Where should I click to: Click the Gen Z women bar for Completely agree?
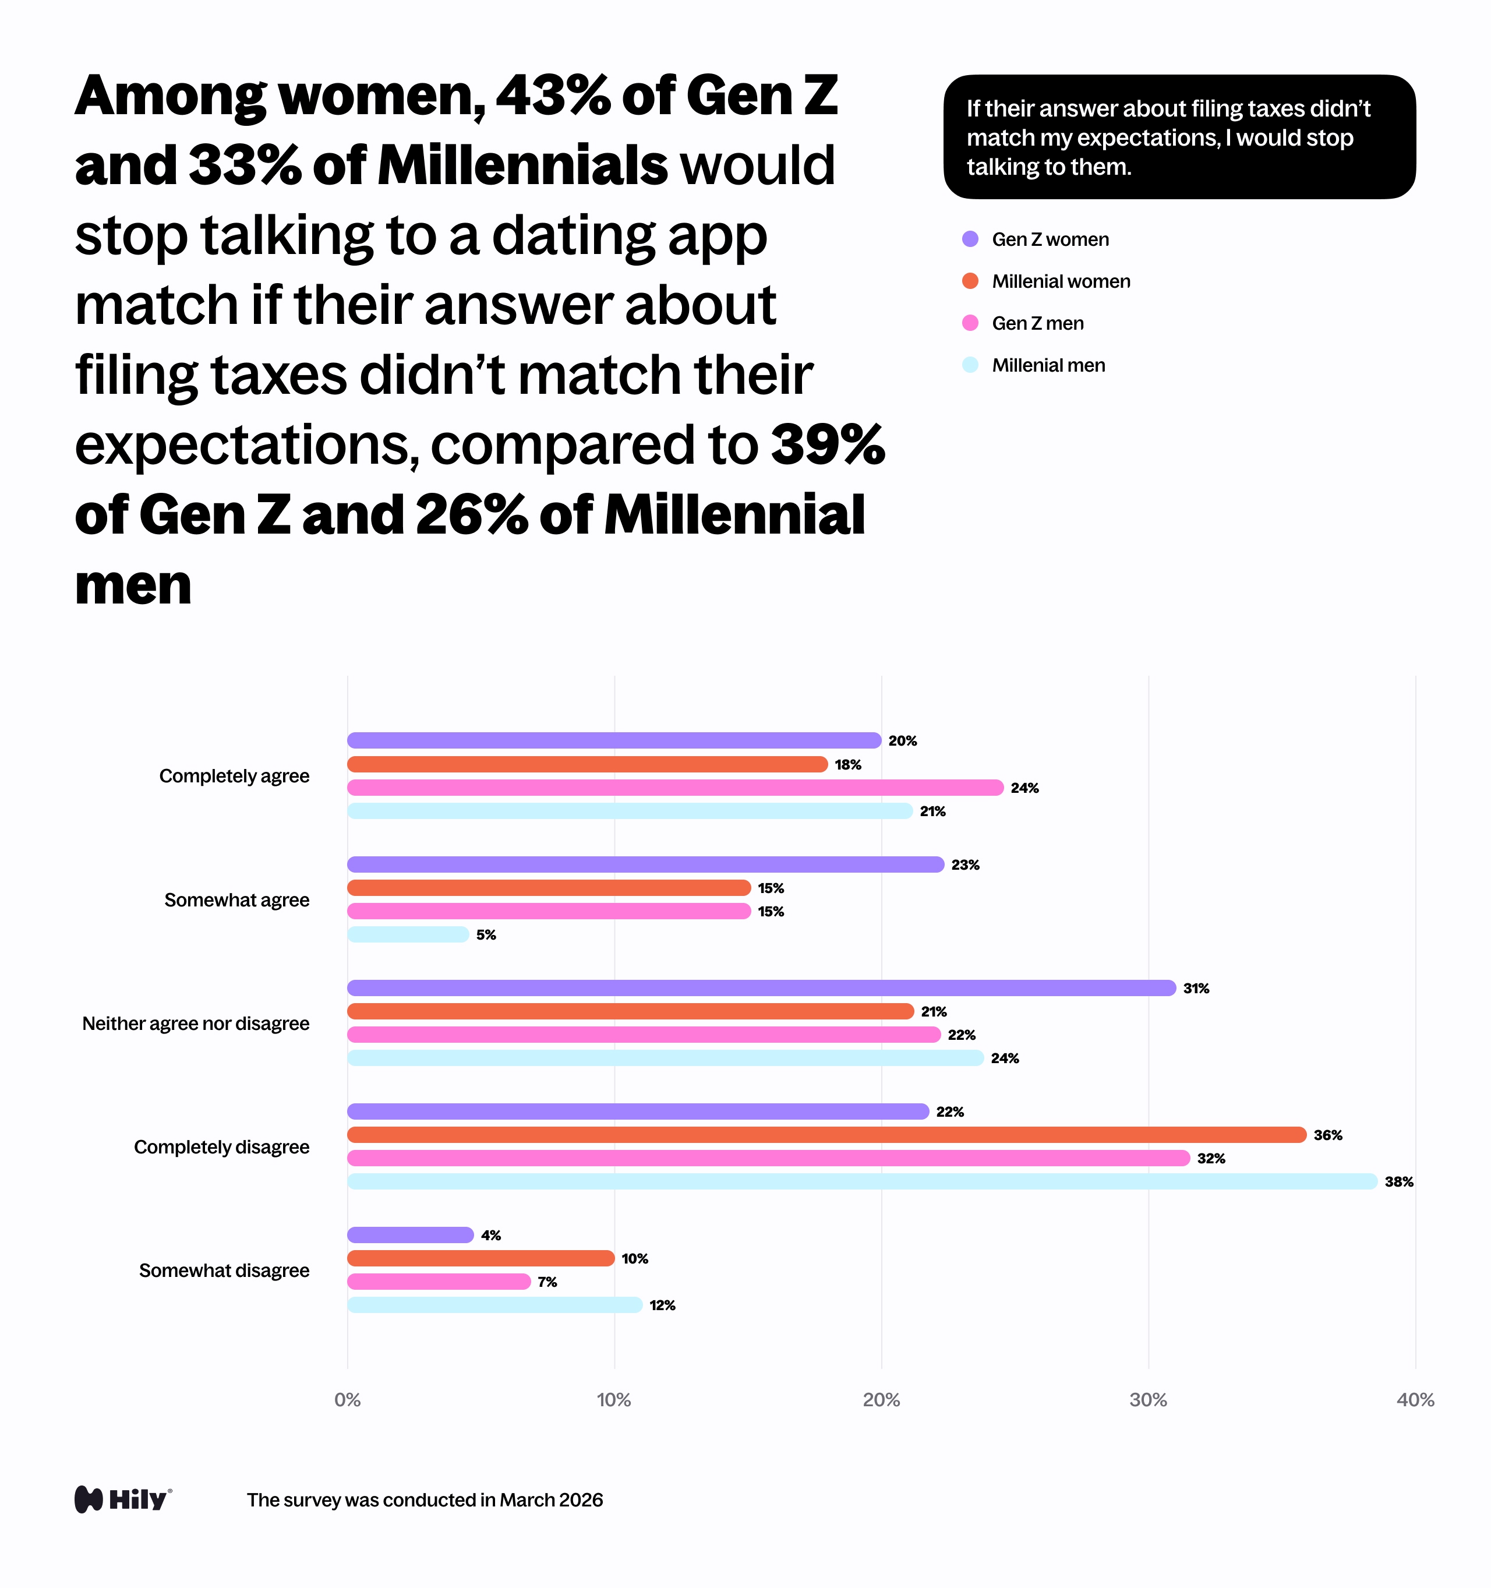(613, 740)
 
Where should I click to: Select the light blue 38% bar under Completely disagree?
(862, 1181)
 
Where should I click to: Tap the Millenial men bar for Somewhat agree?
(408, 934)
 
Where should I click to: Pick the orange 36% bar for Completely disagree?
(826, 1135)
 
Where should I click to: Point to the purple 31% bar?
(761, 988)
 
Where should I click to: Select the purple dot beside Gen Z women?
(970, 239)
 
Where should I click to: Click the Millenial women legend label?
(1061, 281)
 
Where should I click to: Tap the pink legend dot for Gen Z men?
(970, 323)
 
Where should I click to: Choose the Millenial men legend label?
(1048, 365)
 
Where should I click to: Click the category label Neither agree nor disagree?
(196, 1024)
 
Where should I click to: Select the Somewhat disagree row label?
(224, 1270)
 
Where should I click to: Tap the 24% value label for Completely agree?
(1024, 788)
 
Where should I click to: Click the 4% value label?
(490, 1236)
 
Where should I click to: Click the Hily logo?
(123, 1499)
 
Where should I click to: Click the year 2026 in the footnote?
(581, 1500)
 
